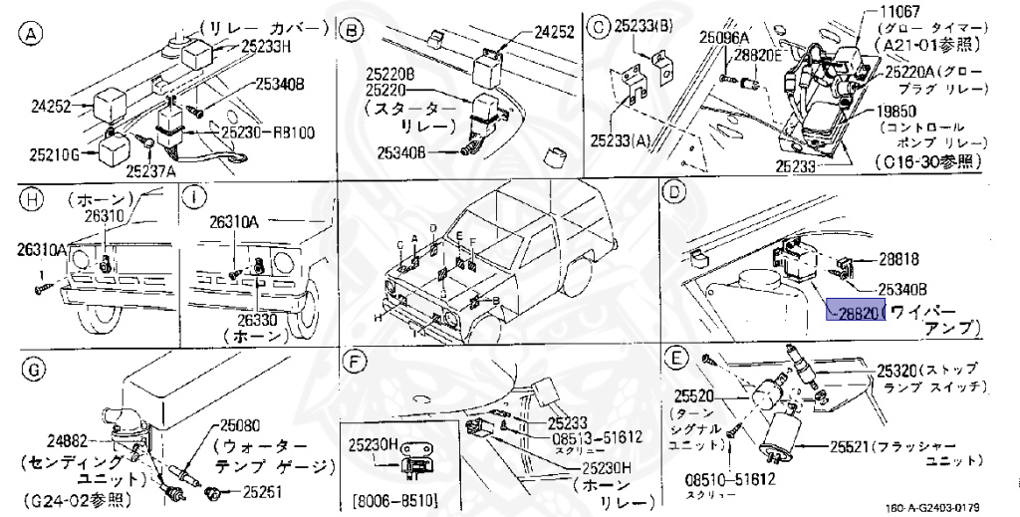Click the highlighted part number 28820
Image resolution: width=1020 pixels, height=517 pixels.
click(x=854, y=312)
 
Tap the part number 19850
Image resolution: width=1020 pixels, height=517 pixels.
click(x=902, y=113)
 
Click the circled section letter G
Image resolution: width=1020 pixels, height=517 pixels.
click(x=32, y=370)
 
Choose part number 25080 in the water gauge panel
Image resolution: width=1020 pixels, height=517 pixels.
click(x=245, y=424)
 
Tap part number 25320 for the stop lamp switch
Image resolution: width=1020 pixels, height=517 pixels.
click(x=901, y=369)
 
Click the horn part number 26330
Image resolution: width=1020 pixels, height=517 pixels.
click(x=258, y=320)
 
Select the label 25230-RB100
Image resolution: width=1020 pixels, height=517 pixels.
click(x=267, y=130)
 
